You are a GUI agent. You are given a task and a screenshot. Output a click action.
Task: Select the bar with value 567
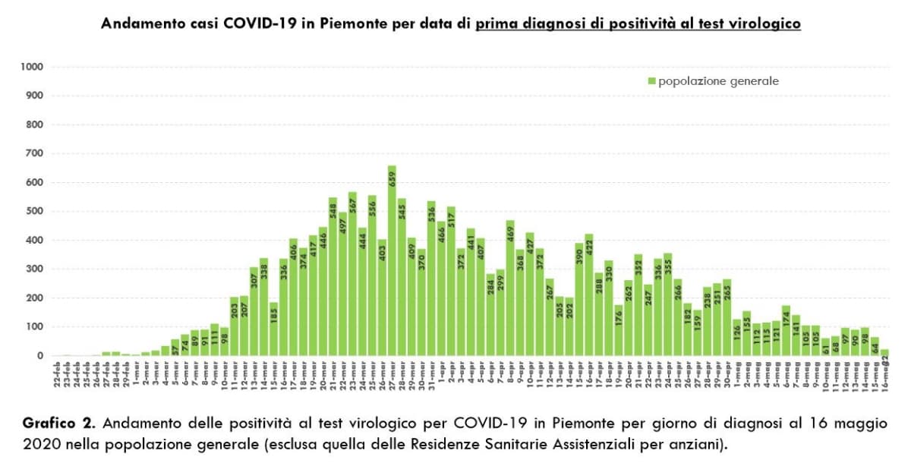(352, 273)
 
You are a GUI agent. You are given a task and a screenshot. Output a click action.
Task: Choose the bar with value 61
(825, 347)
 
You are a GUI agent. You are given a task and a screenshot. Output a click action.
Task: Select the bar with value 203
(234, 326)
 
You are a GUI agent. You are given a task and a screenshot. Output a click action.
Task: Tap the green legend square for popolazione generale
(651, 81)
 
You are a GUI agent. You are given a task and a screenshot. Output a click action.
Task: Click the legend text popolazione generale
(718, 81)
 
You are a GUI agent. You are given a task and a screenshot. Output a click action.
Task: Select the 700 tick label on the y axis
(35, 154)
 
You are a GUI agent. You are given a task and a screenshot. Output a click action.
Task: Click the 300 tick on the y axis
(35, 269)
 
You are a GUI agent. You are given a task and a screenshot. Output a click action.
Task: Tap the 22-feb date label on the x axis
(57, 376)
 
